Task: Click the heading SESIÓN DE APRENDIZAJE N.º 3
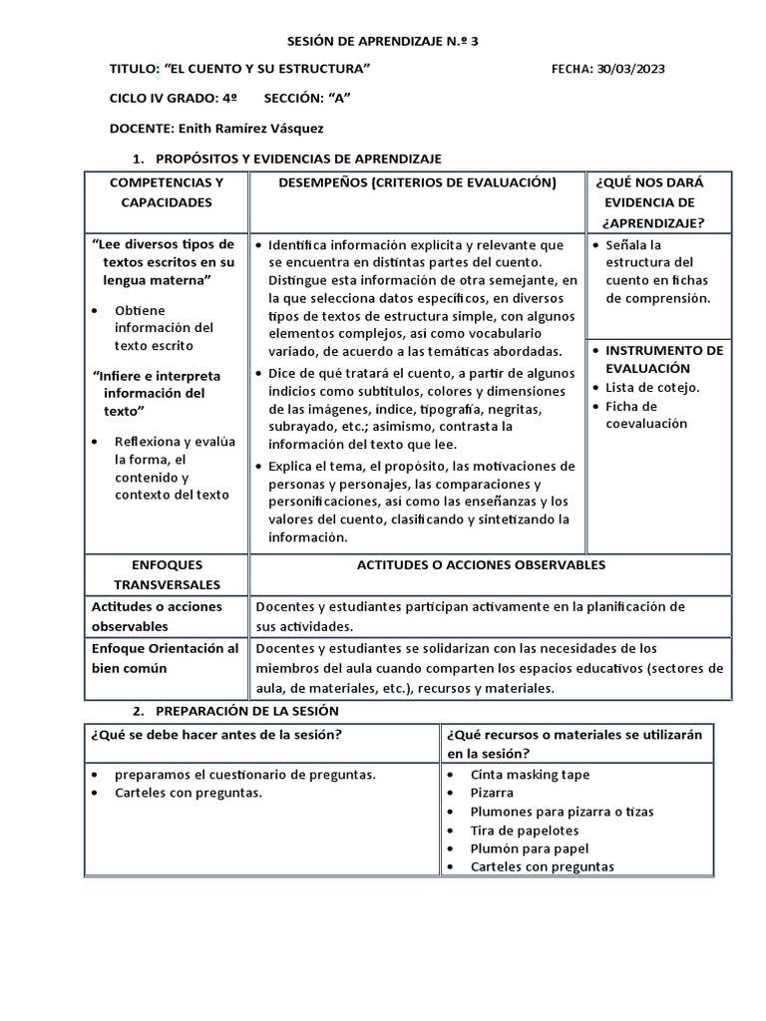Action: click(361, 41)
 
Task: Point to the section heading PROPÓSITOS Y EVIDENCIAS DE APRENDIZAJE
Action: click(298, 160)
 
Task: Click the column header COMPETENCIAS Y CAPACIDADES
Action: click(167, 192)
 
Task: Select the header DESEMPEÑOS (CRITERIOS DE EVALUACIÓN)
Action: click(416, 183)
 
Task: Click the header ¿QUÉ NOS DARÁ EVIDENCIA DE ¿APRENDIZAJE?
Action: click(649, 202)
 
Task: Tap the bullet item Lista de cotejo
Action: click(653, 388)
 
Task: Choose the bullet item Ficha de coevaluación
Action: click(646, 415)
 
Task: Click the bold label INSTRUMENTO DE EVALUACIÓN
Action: click(664, 359)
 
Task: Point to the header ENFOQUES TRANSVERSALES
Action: click(167, 574)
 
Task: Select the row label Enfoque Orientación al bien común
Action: click(166, 658)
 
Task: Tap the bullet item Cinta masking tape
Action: click(530, 775)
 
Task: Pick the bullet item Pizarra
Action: click(493, 794)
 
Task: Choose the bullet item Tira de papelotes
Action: click(525, 831)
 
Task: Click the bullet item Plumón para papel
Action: click(530, 849)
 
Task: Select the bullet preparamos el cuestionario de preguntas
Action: click(245, 775)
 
